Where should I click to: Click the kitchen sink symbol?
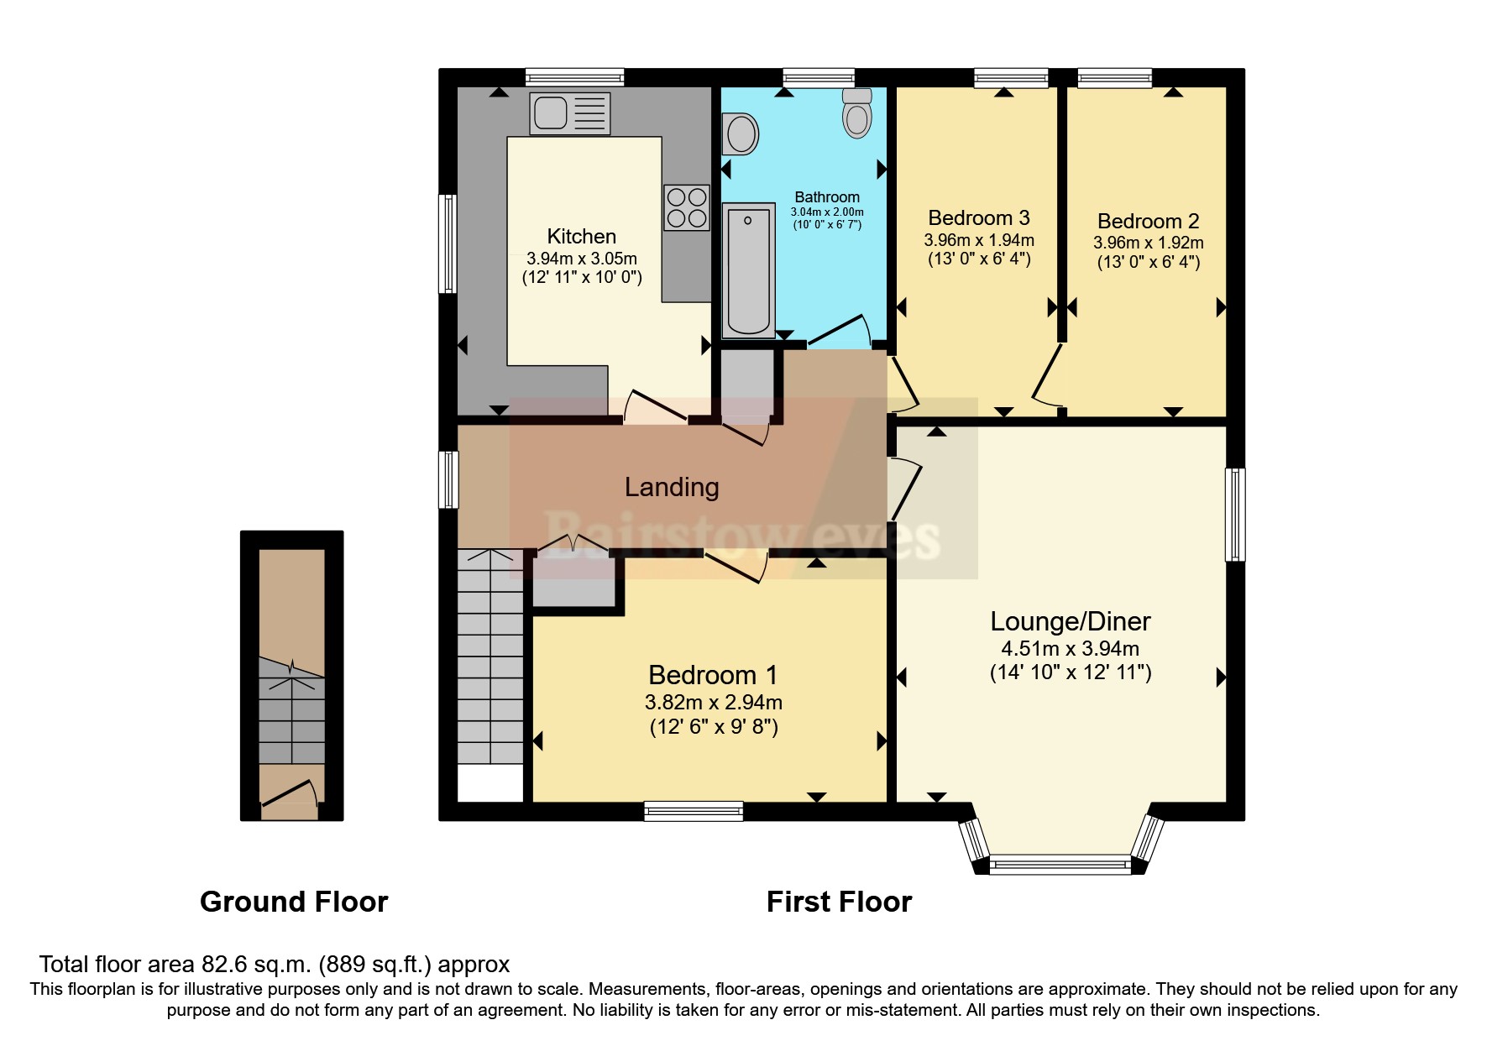pyautogui.click(x=569, y=113)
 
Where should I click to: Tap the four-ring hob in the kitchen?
pyautogui.click(x=686, y=207)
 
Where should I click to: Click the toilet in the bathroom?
pyautogui.click(x=857, y=114)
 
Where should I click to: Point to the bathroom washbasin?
pyautogui.click(x=741, y=134)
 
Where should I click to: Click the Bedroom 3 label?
pyautogui.click(x=978, y=218)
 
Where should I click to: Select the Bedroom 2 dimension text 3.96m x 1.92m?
pyautogui.click(x=1148, y=243)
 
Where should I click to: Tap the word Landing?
pyautogui.click(x=671, y=487)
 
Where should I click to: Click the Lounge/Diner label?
pyautogui.click(x=1070, y=621)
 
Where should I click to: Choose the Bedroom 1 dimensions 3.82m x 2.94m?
pyautogui.click(x=713, y=702)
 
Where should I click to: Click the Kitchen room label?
pyautogui.click(x=581, y=237)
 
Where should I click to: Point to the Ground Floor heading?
pyautogui.click(x=294, y=902)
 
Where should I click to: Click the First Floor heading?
pyautogui.click(x=838, y=902)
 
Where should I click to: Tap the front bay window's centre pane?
pyautogui.click(x=1060, y=864)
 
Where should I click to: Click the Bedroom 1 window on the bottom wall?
pyautogui.click(x=694, y=810)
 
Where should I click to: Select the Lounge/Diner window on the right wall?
pyautogui.click(x=1234, y=514)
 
